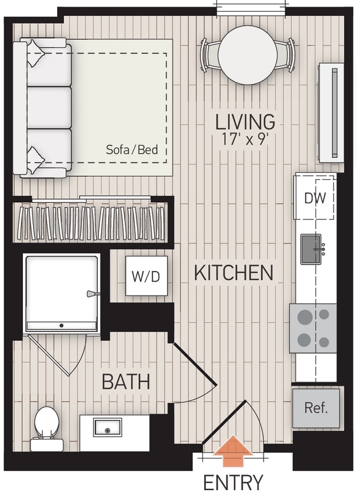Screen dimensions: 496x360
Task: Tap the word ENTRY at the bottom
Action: coord(234,482)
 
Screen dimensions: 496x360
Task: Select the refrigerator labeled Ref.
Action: coord(316,408)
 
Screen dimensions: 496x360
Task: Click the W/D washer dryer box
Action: coord(146,276)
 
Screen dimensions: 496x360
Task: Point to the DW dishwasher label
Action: coord(315,198)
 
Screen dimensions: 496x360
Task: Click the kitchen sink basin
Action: coord(311,249)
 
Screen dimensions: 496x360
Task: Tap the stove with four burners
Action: coord(313,328)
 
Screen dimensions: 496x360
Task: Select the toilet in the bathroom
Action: coord(46,425)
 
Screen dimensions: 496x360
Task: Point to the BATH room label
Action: coord(125,382)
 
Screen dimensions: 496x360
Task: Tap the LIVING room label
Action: coord(245,122)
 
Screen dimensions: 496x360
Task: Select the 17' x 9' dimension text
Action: coord(245,141)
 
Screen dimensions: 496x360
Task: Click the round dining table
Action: coord(248,55)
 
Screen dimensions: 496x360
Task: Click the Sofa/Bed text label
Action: coord(132,150)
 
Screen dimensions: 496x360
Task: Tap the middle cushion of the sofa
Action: coord(49,108)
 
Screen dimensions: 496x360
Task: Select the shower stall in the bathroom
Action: coord(61,292)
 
